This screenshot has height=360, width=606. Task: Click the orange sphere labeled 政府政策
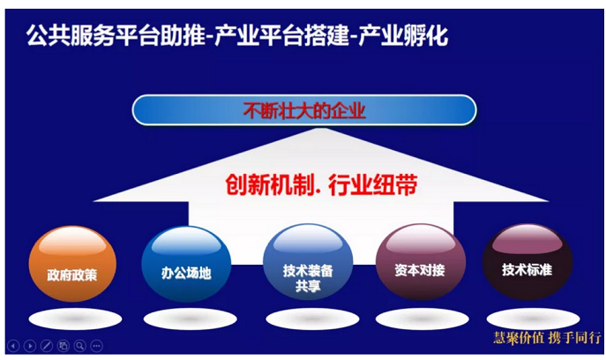[72, 263]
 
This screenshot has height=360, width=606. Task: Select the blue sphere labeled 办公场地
[186, 263]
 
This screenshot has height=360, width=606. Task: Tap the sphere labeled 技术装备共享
[308, 262]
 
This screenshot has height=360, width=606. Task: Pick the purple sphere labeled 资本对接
[421, 262]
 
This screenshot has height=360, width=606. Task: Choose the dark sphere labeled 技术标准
[527, 262]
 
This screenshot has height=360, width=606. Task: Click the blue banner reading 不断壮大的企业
[304, 110]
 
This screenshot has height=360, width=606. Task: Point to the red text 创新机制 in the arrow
[270, 184]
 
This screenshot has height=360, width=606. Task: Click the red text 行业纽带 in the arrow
[372, 184]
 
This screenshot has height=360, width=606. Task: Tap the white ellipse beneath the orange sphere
[75, 319]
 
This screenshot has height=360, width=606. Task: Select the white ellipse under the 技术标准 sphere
[534, 319]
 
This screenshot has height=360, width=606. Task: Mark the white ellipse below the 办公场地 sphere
[191, 319]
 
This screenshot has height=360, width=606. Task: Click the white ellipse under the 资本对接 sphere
[423, 319]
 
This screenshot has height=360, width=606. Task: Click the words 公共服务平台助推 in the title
[116, 35]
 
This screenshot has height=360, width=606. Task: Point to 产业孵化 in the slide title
[403, 35]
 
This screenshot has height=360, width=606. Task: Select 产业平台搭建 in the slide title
[281, 35]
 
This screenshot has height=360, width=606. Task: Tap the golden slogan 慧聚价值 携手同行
[547, 338]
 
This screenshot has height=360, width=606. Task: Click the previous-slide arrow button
[13, 346]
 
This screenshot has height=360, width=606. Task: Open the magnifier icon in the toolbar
[80, 346]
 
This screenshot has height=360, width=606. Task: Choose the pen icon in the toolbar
[47, 346]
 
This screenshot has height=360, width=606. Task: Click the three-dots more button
[97, 346]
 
